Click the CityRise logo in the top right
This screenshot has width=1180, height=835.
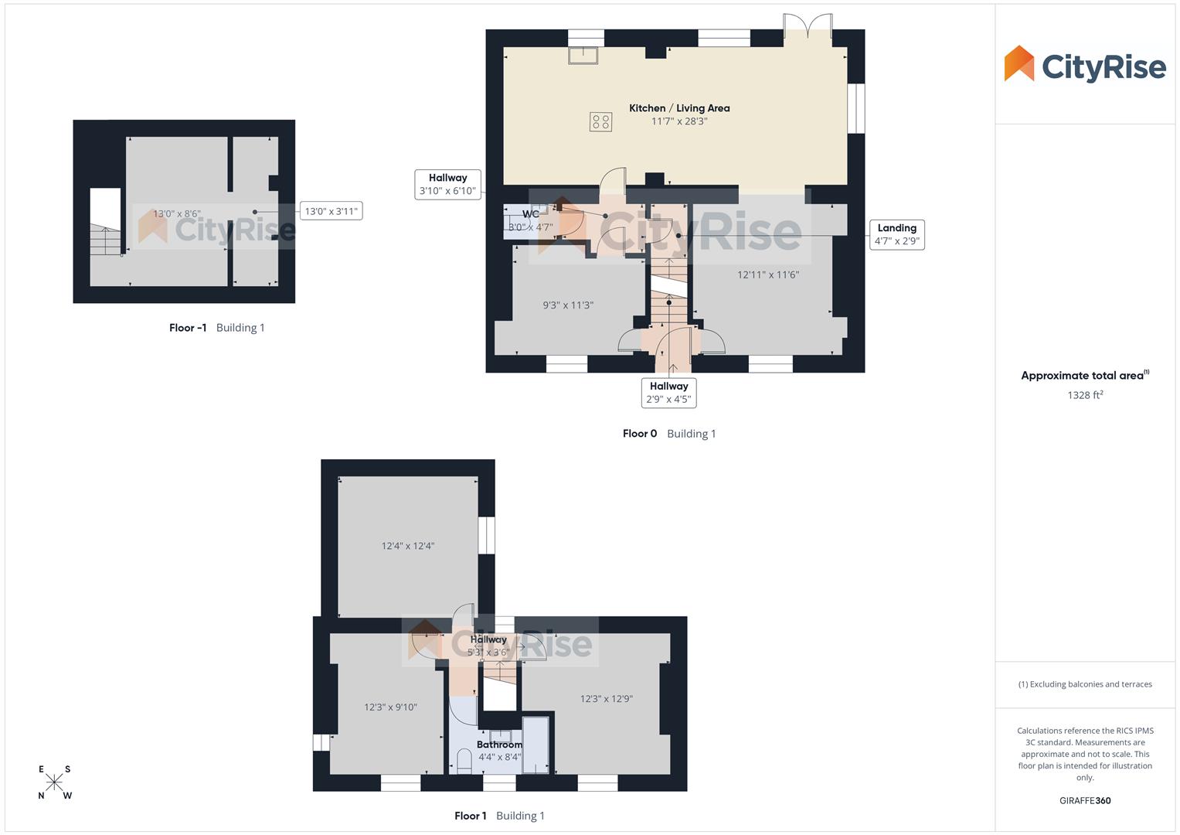click(x=1084, y=65)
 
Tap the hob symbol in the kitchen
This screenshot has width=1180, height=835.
click(x=600, y=121)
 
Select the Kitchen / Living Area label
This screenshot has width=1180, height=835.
click(x=679, y=108)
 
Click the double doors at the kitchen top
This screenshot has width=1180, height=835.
click(x=808, y=26)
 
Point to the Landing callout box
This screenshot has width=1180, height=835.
click(x=896, y=234)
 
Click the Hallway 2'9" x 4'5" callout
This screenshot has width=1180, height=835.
click(x=668, y=393)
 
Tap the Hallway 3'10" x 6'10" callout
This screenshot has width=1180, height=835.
click(x=447, y=184)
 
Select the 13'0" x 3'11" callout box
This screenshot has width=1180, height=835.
click(x=331, y=211)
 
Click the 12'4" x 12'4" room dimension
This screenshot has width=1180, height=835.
click(x=408, y=546)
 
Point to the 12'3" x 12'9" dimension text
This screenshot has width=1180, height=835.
click(x=607, y=699)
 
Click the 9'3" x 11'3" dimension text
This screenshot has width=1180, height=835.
click(x=568, y=305)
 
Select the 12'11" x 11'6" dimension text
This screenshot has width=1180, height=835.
click(x=768, y=274)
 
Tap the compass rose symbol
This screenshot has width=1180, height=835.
click(x=54, y=782)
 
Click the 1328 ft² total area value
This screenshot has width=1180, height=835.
click(x=1084, y=395)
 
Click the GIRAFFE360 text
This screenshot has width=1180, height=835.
click(x=1084, y=801)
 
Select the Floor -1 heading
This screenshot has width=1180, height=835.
click(x=188, y=328)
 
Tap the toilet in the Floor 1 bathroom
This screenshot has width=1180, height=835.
click(x=464, y=762)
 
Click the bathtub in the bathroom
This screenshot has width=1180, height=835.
click(x=536, y=745)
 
